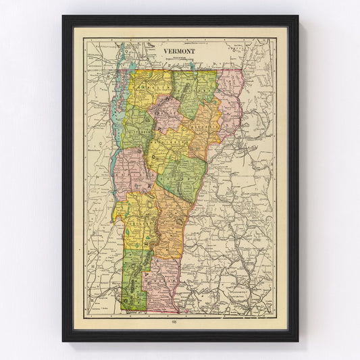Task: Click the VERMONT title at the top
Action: pyautogui.click(x=179, y=51)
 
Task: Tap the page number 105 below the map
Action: pyautogui.click(x=180, y=322)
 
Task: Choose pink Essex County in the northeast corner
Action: pyautogui.click(x=230, y=101)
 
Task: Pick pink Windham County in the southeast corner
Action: pyautogui.click(x=165, y=277)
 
